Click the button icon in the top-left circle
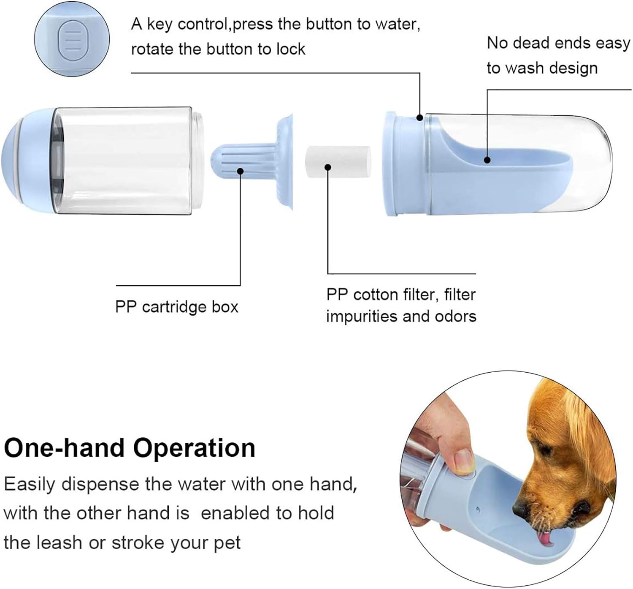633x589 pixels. click(72, 39)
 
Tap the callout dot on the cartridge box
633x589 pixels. click(240, 171)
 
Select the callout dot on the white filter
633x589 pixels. click(328, 167)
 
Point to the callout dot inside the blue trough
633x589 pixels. click(487, 160)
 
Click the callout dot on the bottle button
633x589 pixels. click(419, 117)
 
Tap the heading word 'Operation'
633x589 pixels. click(194, 448)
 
